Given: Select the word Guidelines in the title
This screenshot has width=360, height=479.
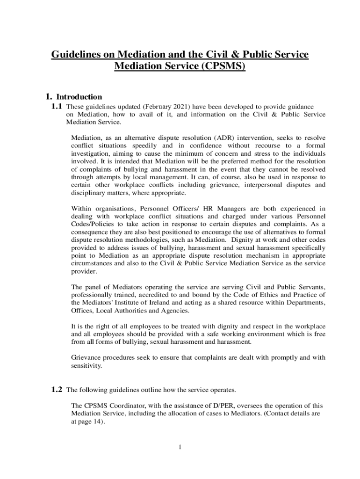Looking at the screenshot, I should coord(72,55).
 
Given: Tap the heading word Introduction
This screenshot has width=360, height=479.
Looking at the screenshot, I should coord(79,97).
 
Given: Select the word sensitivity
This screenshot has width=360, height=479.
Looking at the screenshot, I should coord(86,365).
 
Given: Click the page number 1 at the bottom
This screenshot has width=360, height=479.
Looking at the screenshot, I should coord(180,447).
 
